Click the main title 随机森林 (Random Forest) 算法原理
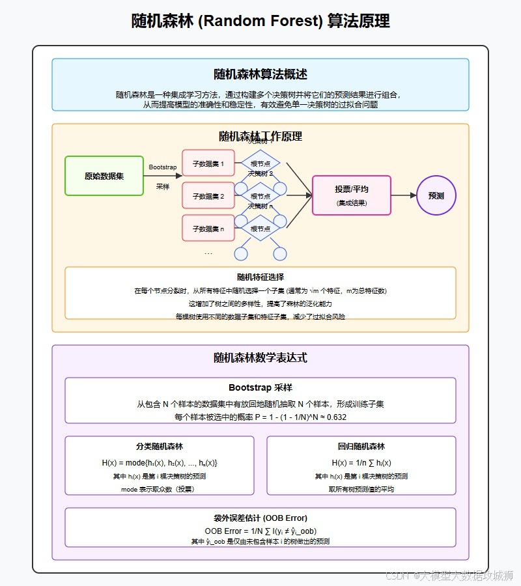pos(260,21)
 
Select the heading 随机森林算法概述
pos(260,74)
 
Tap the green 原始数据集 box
pos(104,176)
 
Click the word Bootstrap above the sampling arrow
pos(163,167)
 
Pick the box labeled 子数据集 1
pos(208,163)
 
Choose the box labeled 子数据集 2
pos(208,196)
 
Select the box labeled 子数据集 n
pos(208,229)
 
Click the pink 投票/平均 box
pos(352,195)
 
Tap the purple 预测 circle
pos(436,195)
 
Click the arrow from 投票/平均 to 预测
pos(403,195)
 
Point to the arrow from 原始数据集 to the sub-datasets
pos(163,176)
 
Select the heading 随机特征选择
pos(260,277)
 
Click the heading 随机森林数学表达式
pos(260,357)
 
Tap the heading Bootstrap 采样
pos(260,388)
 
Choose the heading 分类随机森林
pos(160,447)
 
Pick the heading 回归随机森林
pos(361,447)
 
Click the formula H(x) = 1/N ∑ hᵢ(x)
pos(361,463)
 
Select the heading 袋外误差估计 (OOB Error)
pos(260,518)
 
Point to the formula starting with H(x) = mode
pos(160,463)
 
